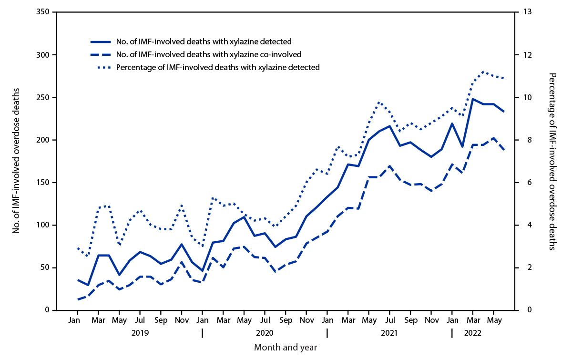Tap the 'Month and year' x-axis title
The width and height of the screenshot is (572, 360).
point(286,347)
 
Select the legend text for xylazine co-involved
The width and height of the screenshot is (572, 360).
point(209,54)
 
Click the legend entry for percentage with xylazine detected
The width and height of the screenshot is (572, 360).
point(218,67)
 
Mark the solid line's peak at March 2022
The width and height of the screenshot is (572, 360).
point(473,99)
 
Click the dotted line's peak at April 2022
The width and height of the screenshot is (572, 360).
point(483,72)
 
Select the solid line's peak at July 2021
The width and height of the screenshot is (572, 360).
point(389,126)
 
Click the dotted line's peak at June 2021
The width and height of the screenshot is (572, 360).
point(379,102)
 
